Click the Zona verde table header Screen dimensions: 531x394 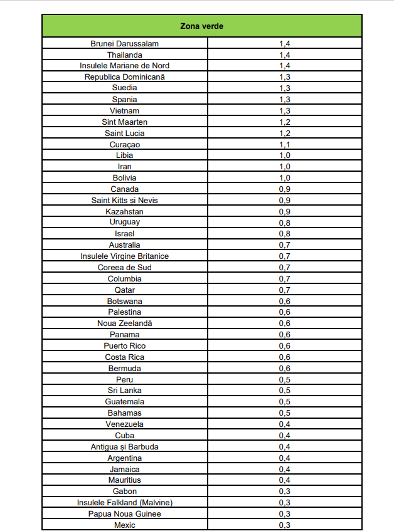[201, 26]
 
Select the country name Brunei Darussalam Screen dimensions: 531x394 [124, 43]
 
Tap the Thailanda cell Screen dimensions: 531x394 [124, 55]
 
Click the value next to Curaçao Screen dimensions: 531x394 [284, 144]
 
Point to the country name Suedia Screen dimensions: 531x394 [124, 88]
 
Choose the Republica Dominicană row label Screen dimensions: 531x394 [124, 77]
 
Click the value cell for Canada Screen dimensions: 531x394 [284, 189]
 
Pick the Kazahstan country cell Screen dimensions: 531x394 [124, 211]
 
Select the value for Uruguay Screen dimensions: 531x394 [284, 222]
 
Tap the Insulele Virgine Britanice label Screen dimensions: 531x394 [124, 256]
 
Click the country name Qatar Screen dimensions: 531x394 [124, 290]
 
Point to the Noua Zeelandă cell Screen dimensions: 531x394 [124, 323]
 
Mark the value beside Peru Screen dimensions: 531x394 [284, 379]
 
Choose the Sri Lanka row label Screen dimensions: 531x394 [124, 390]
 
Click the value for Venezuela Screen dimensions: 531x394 [284, 424]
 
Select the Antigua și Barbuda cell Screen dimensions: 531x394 [124, 446]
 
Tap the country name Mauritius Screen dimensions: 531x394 [124, 480]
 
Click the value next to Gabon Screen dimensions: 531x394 [284, 491]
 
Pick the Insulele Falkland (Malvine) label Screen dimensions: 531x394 [124, 502]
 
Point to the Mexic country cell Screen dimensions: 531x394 [124, 525]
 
